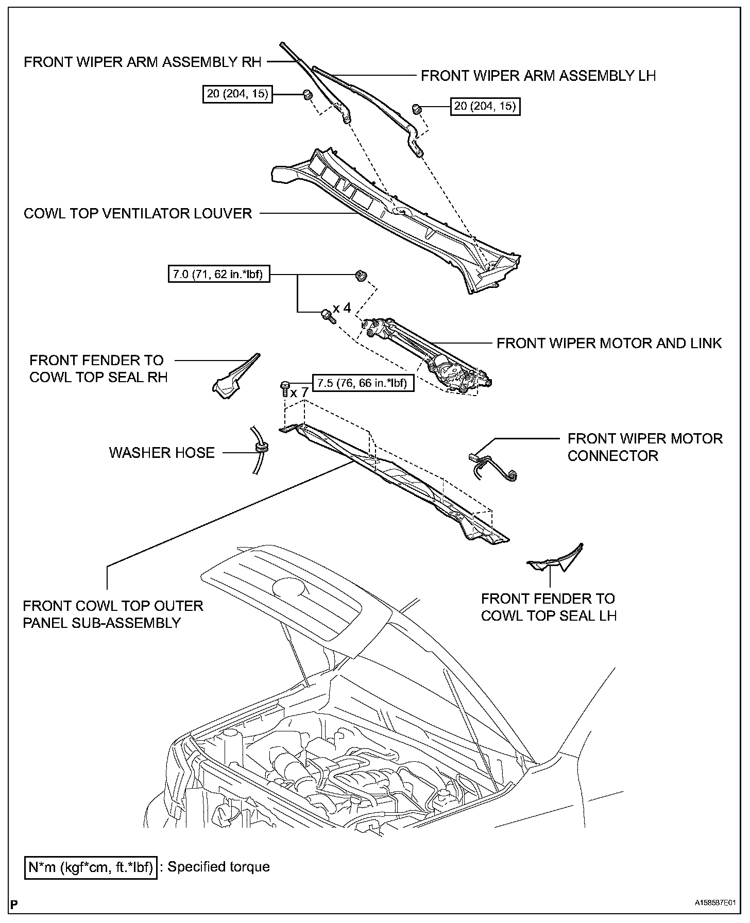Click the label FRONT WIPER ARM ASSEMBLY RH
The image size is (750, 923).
click(x=143, y=62)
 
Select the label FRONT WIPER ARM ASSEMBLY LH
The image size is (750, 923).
click(x=538, y=76)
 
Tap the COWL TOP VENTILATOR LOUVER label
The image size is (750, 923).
click(x=138, y=213)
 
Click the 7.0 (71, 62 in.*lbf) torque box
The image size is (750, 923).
click(x=219, y=275)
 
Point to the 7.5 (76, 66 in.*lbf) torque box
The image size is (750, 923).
click(x=363, y=383)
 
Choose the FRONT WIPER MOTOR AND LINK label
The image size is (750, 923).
click(x=609, y=343)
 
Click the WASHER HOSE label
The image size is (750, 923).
click(x=162, y=453)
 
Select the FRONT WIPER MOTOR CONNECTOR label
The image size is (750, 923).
click(x=644, y=447)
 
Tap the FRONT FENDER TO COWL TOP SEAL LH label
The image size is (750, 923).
click(x=549, y=607)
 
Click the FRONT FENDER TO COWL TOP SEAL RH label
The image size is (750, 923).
click(x=98, y=368)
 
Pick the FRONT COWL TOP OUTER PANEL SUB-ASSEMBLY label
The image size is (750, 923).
click(x=113, y=614)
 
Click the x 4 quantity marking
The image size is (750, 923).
click(x=342, y=308)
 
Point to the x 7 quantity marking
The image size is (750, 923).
click(x=299, y=393)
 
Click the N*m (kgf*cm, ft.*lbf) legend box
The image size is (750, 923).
click(x=91, y=867)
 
